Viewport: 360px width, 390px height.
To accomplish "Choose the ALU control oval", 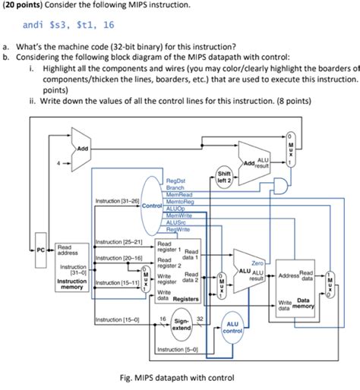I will point(232,326).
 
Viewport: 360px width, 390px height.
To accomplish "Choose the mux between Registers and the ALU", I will point(220,285).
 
